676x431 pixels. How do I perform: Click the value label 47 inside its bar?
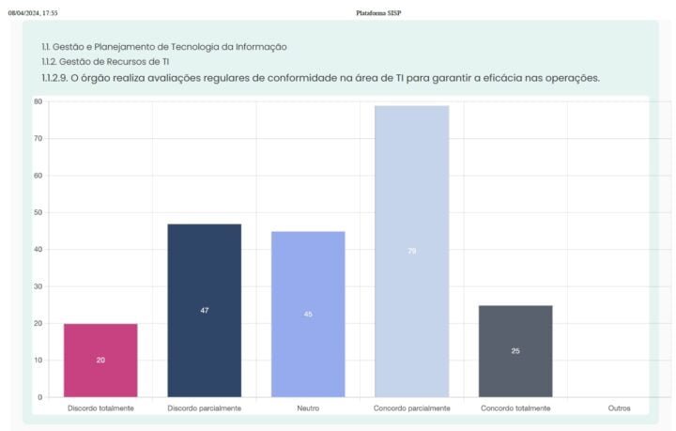(x=204, y=310)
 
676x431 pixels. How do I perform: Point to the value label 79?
(x=411, y=251)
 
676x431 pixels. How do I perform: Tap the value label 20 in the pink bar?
(x=100, y=360)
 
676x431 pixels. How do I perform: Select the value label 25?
(x=515, y=351)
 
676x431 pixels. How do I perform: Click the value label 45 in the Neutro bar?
(x=308, y=314)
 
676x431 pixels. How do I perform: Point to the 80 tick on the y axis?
(x=38, y=101)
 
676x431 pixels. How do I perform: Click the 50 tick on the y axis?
(x=38, y=212)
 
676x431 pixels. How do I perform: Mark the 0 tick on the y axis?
(x=40, y=397)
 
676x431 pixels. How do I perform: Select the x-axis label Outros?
(x=619, y=408)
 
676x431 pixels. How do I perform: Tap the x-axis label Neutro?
(x=308, y=408)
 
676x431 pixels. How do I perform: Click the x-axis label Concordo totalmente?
(x=515, y=408)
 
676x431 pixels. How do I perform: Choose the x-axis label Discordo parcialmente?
(x=204, y=408)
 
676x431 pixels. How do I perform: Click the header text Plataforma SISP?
(x=379, y=13)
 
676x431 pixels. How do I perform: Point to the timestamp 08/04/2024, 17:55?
(x=33, y=13)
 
